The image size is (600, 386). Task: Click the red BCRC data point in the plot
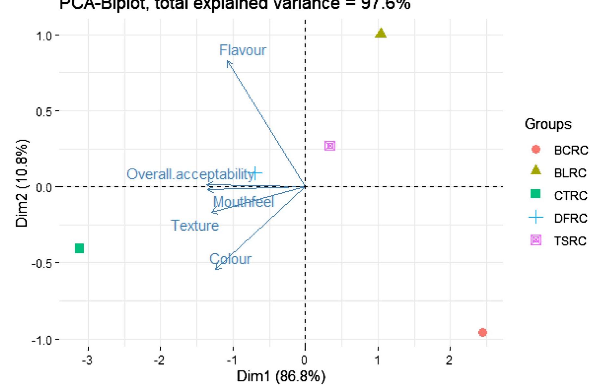[482, 332]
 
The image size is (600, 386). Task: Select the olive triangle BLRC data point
[381, 33]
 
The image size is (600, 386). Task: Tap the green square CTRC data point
[80, 248]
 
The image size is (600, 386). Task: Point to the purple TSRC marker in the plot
[330, 146]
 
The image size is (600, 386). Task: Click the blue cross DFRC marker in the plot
[256, 173]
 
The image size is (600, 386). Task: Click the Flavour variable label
[243, 50]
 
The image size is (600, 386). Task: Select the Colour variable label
[230, 259]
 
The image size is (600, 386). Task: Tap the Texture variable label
[195, 225]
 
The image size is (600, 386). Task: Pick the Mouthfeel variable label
[244, 202]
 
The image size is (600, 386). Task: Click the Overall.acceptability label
[190, 174]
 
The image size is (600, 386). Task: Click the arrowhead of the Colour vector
[217, 269]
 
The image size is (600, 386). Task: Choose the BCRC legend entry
[571, 150]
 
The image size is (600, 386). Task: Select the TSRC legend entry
[570, 241]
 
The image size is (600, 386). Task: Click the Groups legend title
[548, 124]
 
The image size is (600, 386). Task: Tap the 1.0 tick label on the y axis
[44, 36]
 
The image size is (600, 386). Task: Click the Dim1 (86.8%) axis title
[281, 377]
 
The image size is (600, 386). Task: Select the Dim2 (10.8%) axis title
[22, 183]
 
